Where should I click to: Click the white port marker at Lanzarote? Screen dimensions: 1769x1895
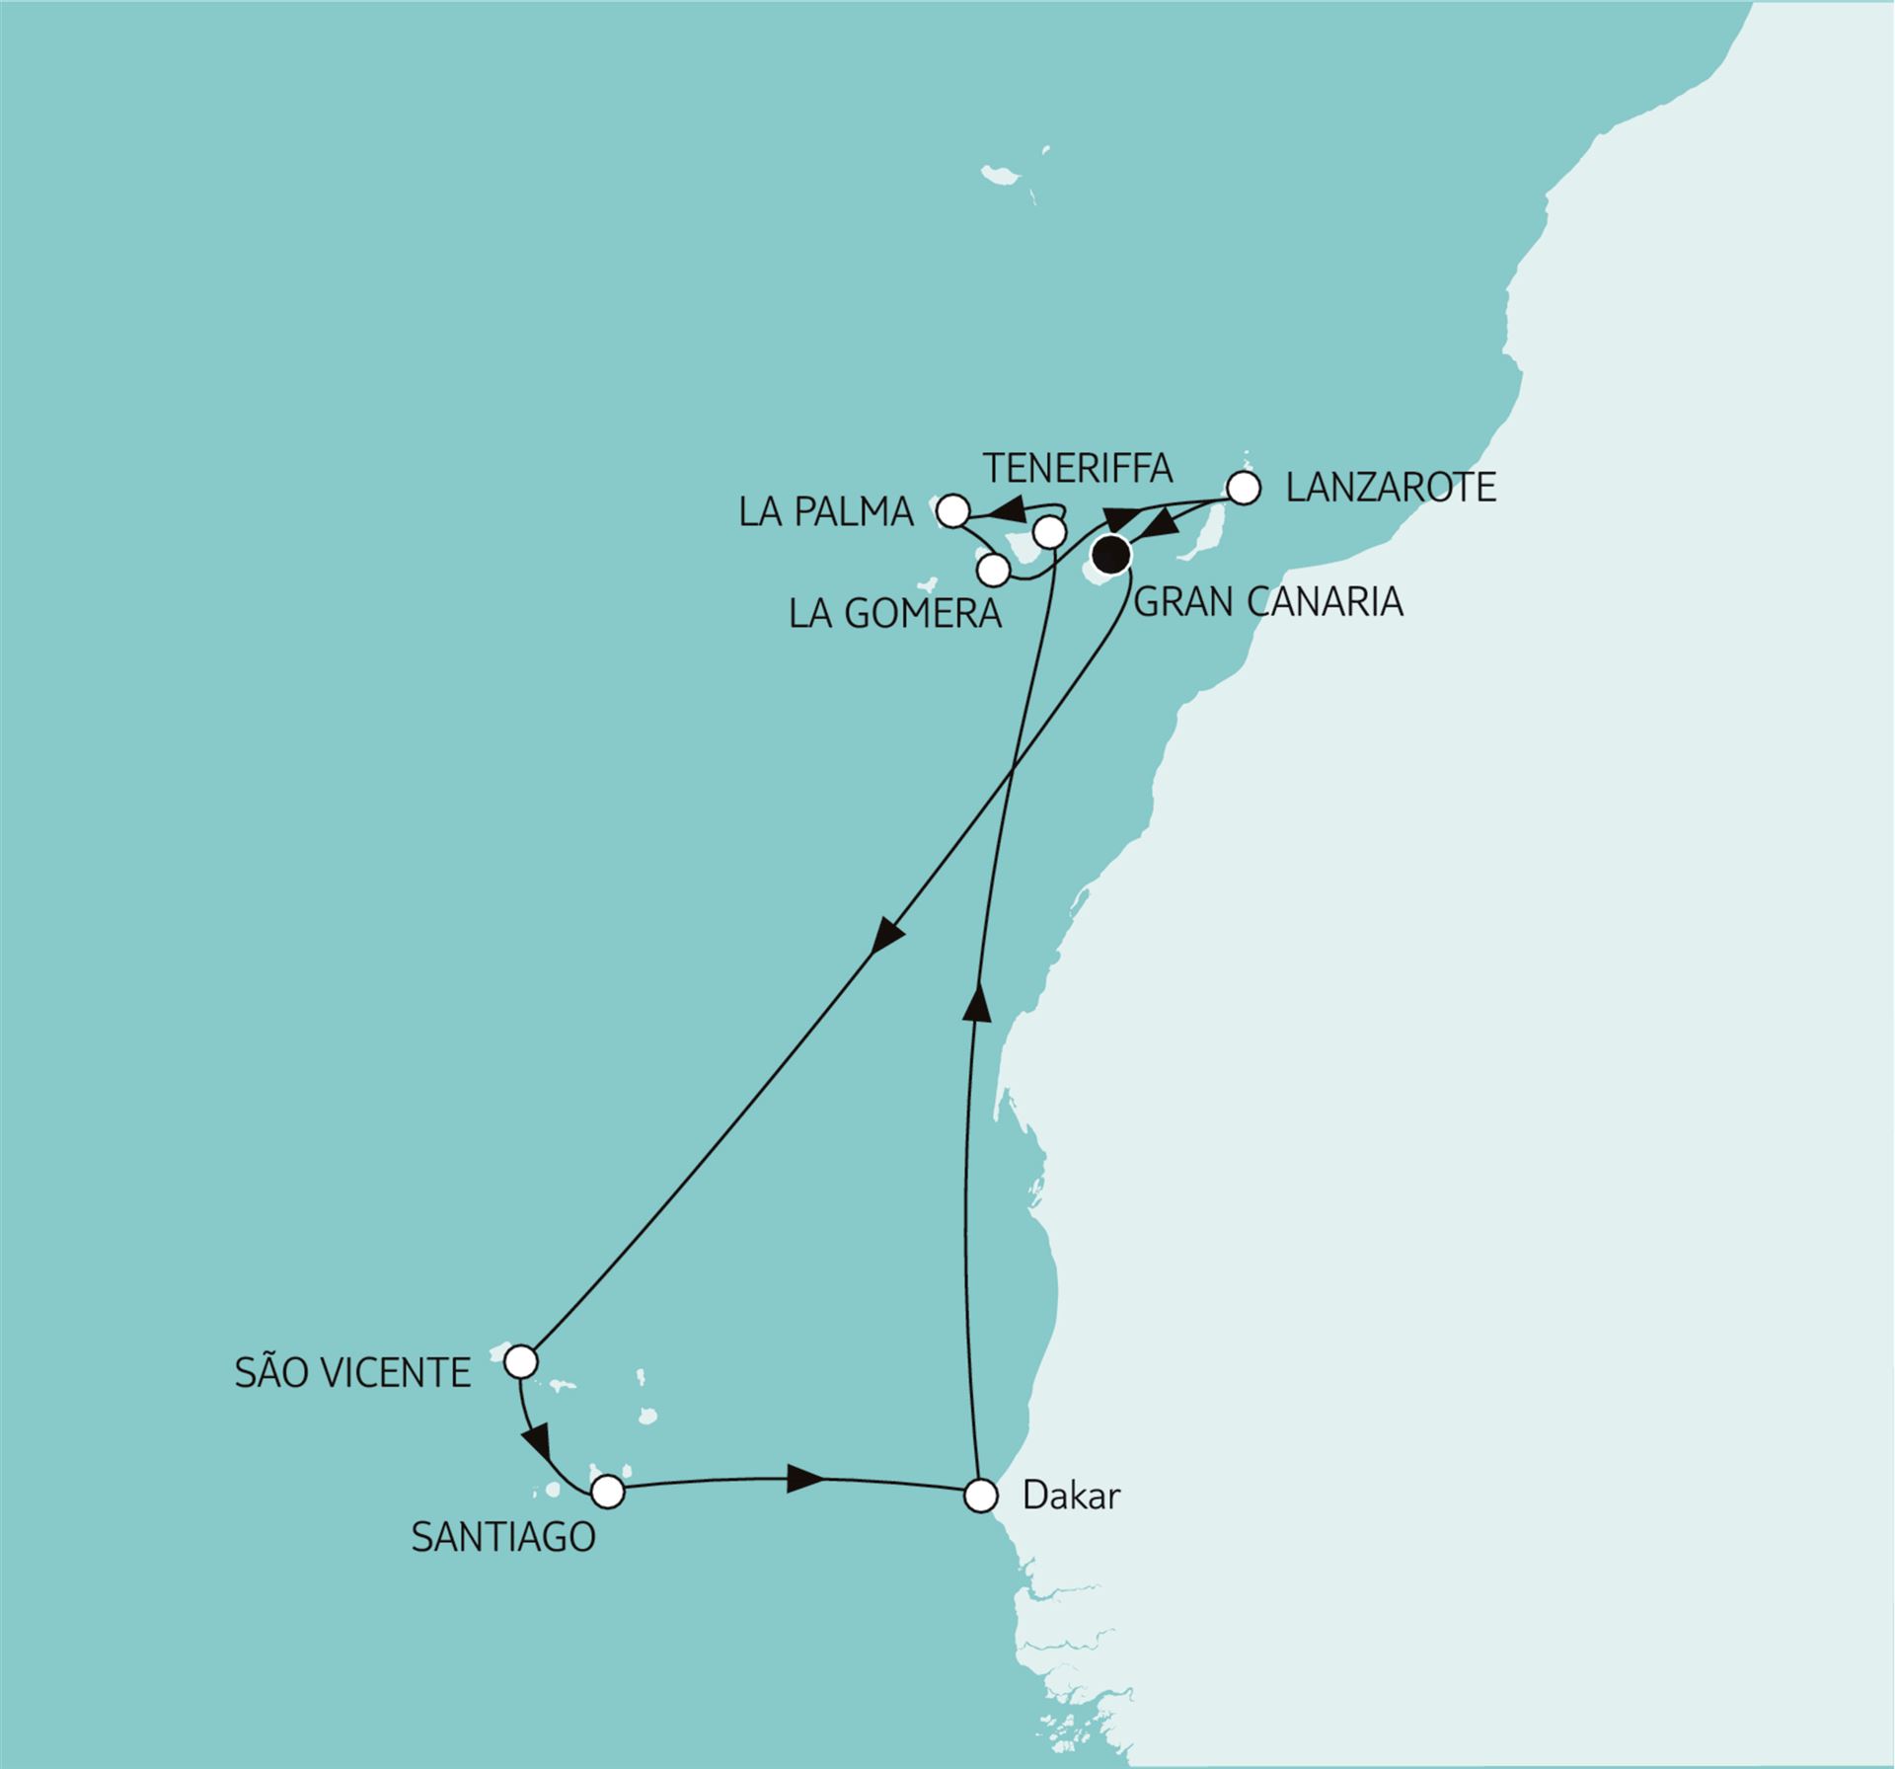pos(1244,489)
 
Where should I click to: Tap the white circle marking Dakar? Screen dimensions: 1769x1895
pos(980,1496)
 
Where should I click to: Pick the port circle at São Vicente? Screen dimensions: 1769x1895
pos(520,1363)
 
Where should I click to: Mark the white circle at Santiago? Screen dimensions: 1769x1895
pos(608,1491)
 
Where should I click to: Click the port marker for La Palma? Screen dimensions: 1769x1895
pos(952,511)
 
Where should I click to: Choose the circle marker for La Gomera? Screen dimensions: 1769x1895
pos(994,570)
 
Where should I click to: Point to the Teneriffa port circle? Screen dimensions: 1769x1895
pos(1049,533)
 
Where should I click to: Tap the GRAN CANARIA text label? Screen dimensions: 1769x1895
pos(1268,601)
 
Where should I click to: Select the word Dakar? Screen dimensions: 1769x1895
pos(1072,1497)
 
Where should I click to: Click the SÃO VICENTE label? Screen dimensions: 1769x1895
pos(352,1373)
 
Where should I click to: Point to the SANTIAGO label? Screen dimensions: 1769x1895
pos(503,1537)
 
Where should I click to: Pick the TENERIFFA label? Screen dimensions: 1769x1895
pos(1078,467)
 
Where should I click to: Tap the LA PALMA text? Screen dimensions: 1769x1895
pos(826,513)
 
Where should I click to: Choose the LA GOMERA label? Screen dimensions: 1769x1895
pos(895,614)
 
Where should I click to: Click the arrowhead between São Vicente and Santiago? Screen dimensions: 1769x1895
pos(537,1447)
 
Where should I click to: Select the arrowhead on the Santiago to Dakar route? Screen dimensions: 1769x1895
pos(805,1479)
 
